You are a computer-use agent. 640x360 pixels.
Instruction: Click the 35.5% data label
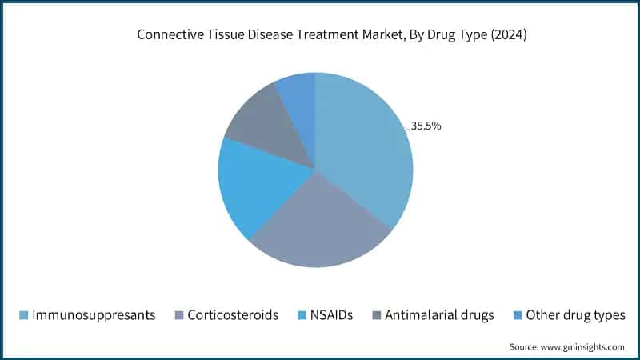point(426,126)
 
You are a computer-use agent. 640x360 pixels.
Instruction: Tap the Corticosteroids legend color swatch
point(178,315)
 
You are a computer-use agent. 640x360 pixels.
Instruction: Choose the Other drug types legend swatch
point(518,315)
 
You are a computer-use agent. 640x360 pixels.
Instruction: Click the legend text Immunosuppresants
point(93,315)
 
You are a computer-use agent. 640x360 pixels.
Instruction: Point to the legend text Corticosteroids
point(233,315)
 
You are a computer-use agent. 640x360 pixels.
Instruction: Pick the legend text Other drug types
point(576,315)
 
